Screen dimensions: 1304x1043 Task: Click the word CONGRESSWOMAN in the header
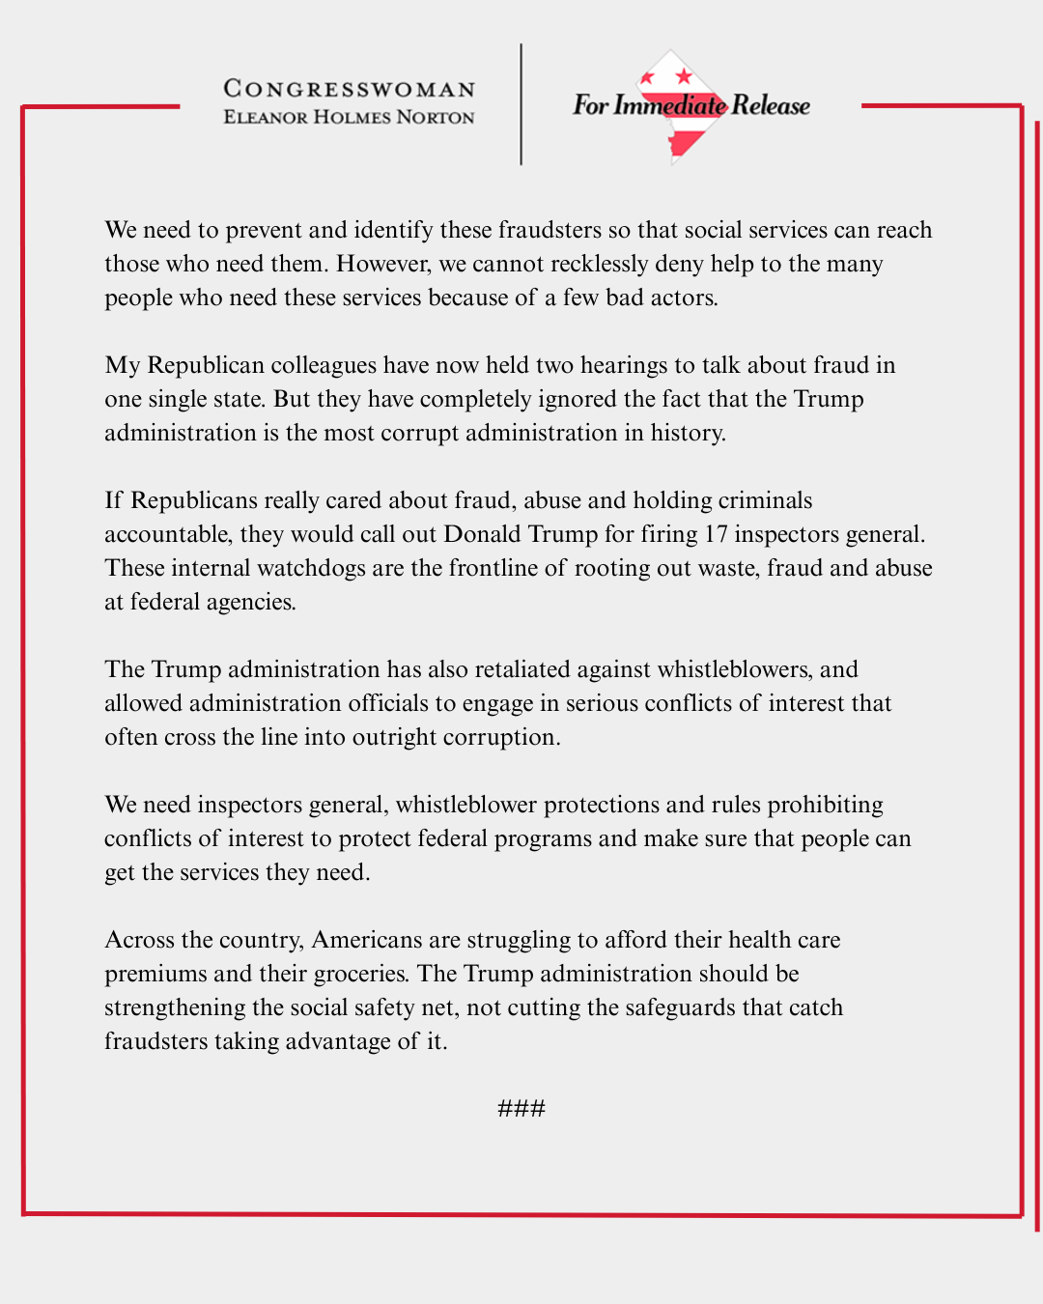tap(350, 89)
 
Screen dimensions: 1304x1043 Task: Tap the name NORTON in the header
tap(436, 118)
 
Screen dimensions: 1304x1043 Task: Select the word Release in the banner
tap(771, 105)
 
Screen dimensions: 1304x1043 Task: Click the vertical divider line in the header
tap(521, 104)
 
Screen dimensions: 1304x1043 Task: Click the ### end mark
tap(521, 1108)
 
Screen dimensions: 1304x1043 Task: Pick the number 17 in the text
tap(716, 534)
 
